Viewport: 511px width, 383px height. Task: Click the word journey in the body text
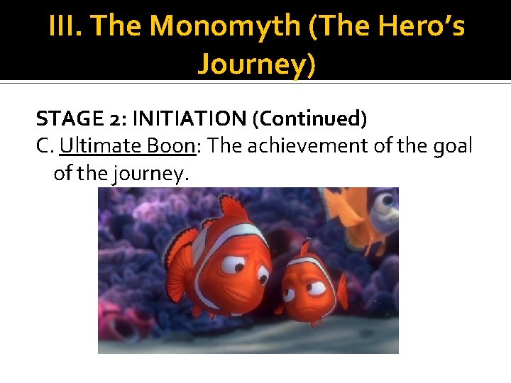151,173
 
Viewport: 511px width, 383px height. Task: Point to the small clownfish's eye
315,287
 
